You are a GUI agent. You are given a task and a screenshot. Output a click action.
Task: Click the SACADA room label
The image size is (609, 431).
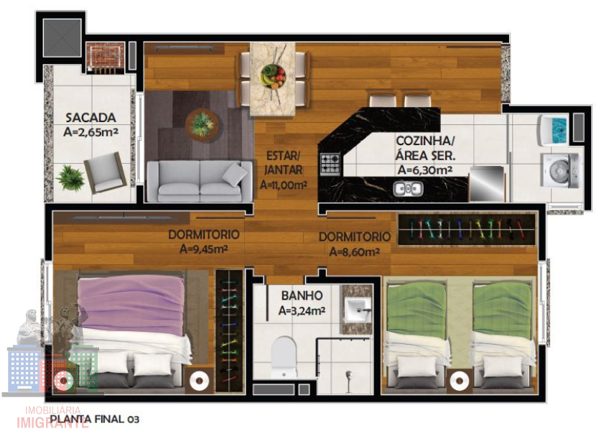click(x=90, y=117)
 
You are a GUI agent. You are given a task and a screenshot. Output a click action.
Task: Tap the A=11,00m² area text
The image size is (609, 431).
click(x=284, y=185)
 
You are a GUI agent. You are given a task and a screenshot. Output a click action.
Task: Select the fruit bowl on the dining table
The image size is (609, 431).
click(x=273, y=75)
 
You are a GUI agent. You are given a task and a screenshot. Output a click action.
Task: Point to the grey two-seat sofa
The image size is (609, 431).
click(x=200, y=181)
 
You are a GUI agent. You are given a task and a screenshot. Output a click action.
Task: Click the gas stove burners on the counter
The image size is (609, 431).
click(x=330, y=164)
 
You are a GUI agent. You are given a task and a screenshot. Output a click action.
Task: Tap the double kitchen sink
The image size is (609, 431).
click(x=407, y=189)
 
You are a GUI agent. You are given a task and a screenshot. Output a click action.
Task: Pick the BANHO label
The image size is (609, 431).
click(x=302, y=296)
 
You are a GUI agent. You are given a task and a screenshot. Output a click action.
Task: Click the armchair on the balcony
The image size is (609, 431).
click(x=106, y=172)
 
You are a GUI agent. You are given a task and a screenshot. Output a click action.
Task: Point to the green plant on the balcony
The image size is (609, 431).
click(x=70, y=178)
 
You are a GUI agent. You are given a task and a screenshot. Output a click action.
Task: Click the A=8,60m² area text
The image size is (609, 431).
click(x=354, y=252)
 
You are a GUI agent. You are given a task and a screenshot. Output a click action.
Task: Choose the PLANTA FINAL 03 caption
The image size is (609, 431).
click(x=94, y=420)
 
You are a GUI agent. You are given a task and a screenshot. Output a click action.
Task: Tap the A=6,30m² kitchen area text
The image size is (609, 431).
click(x=424, y=170)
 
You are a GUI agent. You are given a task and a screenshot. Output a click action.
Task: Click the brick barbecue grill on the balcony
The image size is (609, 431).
click(x=105, y=57)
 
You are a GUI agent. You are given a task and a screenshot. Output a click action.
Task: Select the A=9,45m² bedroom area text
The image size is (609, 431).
click(x=203, y=249)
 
